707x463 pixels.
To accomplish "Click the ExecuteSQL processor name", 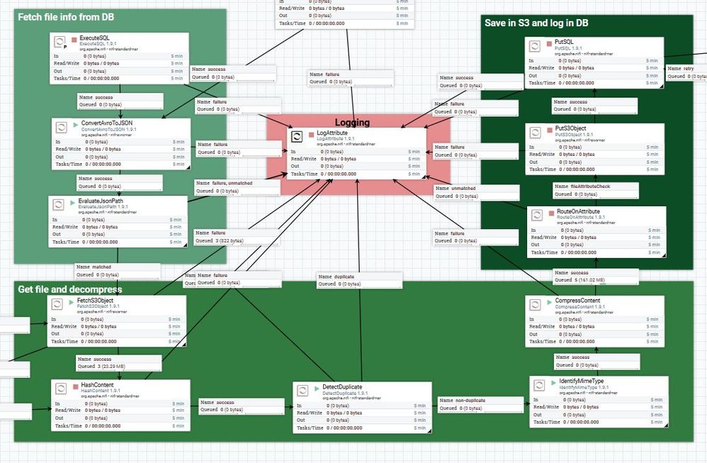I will pyautogui.click(x=94, y=37).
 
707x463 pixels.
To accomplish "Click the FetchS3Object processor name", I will pyautogui.click(x=96, y=300).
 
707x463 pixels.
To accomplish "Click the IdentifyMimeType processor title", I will pyautogui.click(x=581, y=381).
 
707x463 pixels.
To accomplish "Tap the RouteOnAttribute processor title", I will pyautogui.click(x=577, y=211).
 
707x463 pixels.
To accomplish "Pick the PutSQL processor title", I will pyautogui.click(x=565, y=43).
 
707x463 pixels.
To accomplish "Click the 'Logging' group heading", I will pyautogui.click(x=352, y=123).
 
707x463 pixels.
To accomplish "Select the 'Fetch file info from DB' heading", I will pyautogui.click(x=66, y=17).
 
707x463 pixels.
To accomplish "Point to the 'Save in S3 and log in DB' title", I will pyautogui.click(x=536, y=23).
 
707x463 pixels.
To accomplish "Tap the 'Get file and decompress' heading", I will pyautogui.click(x=69, y=289).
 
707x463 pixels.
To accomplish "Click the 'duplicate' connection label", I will pyautogui.click(x=343, y=277).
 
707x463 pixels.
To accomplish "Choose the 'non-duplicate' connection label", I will pyautogui.click(x=470, y=401).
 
